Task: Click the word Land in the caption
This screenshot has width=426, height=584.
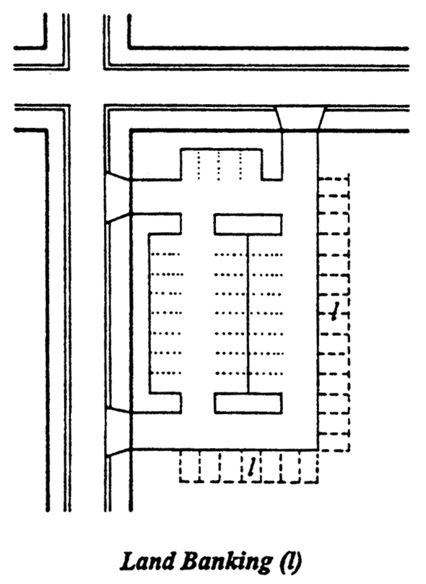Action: click(x=148, y=562)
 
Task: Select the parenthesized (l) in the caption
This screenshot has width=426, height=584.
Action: click(x=290, y=562)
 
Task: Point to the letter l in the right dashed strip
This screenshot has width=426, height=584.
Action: click(x=335, y=312)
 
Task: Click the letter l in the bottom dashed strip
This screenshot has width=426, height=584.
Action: click(x=252, y=466)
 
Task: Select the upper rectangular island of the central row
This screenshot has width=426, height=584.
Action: click(x=248, y=224)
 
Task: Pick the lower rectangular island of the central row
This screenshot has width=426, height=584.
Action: click(x=248, y=403)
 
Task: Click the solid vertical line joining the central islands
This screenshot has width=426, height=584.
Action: click(x=248, y=314)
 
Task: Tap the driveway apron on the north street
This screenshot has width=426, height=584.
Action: click(x=300, y=119)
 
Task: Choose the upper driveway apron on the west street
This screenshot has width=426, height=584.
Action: click(x=118, y=197)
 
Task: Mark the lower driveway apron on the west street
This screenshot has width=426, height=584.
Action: click(x=118, y=431)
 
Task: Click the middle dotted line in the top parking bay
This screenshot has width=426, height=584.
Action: click(x=218, y=166)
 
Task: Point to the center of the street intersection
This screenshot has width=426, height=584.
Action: click(x=87, y=88)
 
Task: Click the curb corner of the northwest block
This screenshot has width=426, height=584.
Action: click(x=45, y=47)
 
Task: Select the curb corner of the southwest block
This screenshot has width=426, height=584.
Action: click(x=45, y=131)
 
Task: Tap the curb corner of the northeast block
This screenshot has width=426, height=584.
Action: click(x=130, y=47)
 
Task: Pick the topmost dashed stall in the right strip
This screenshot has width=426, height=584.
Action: click(x=334, y=185)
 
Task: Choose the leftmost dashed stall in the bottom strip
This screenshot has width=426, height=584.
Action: click(x=190, y=466)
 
